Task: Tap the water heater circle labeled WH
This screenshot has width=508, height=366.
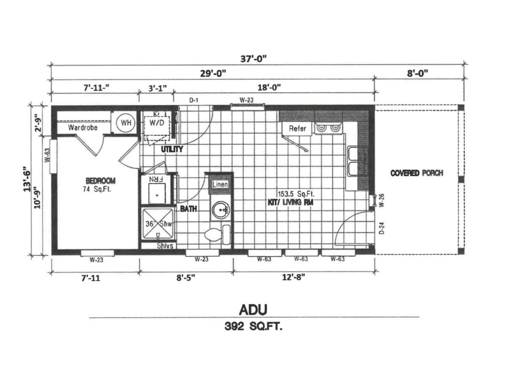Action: tap(126, 123)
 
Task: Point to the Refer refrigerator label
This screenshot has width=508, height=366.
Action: tap(298, 128)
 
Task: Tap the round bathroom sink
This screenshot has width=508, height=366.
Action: tap(221, 209)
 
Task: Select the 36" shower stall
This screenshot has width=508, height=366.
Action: tap(157, 224)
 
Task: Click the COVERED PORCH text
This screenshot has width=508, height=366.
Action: tap(417, 173)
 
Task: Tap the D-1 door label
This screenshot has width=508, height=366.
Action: tap(194, 101)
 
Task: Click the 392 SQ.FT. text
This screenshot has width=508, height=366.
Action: tap(253, 327)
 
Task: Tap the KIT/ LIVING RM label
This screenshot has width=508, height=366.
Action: tap(292, 202)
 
